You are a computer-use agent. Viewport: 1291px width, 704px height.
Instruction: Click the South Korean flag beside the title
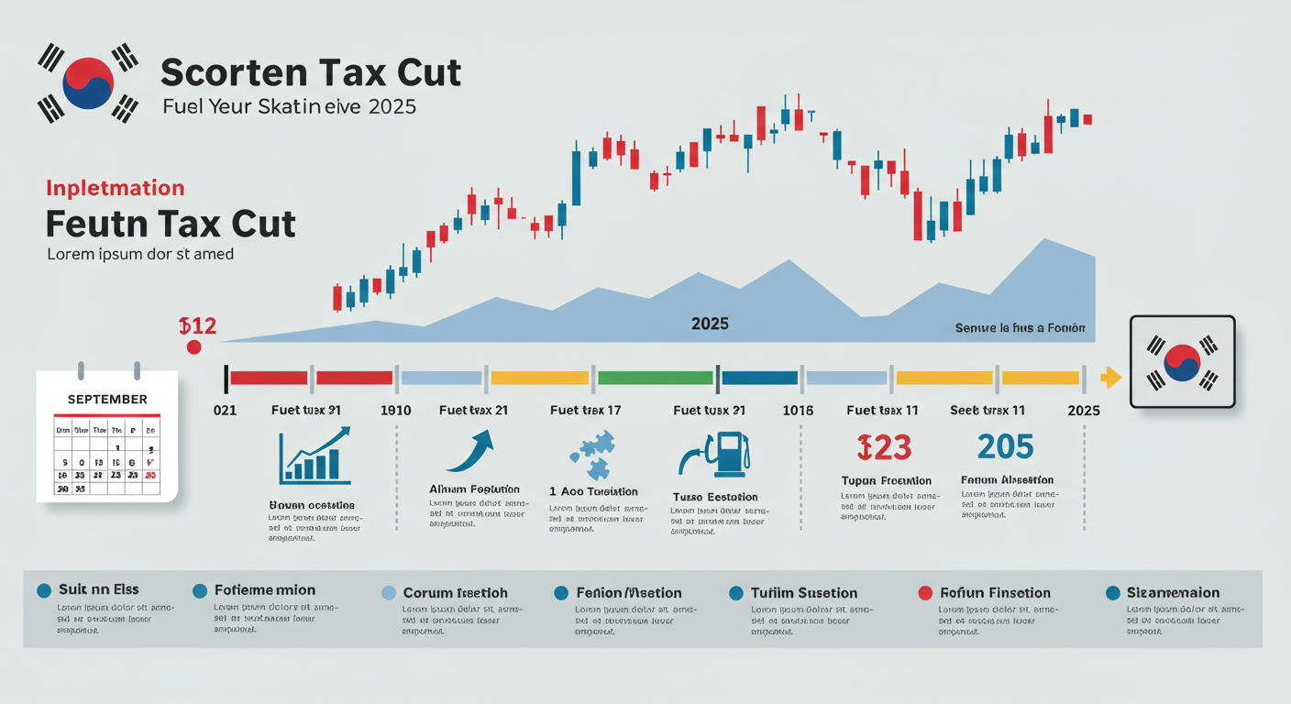(87, 83)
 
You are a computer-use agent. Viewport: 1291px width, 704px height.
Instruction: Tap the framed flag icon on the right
(1182, 361)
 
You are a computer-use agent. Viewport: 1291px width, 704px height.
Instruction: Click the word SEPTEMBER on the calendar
(107, 399)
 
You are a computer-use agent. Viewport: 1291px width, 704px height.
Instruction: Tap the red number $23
(884, 446)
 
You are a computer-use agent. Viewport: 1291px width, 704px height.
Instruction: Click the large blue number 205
(1005, 446)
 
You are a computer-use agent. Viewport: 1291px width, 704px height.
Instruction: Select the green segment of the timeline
(655, 377)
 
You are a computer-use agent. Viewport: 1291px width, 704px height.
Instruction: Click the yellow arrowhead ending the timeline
(1110, 377)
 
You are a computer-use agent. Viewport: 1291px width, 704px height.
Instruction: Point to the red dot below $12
(193, 346)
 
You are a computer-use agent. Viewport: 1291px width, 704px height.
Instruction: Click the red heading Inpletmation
(115, 189)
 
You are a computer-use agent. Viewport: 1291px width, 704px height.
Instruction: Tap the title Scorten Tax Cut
(311, 72)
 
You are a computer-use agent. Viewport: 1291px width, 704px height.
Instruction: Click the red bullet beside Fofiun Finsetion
(925, 592)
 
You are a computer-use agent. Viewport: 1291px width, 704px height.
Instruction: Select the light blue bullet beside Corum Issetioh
(388, 592)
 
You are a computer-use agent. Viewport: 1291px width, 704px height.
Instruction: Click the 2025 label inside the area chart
(710, 324)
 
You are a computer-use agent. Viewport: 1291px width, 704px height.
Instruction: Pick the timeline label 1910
(395, 410)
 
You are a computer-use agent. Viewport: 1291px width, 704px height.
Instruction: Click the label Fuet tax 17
(585, 410)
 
